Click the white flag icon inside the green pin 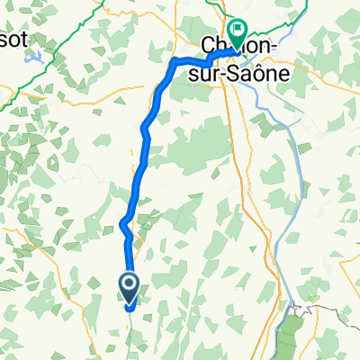(238, 30)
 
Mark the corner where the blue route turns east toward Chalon (174, 62)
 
